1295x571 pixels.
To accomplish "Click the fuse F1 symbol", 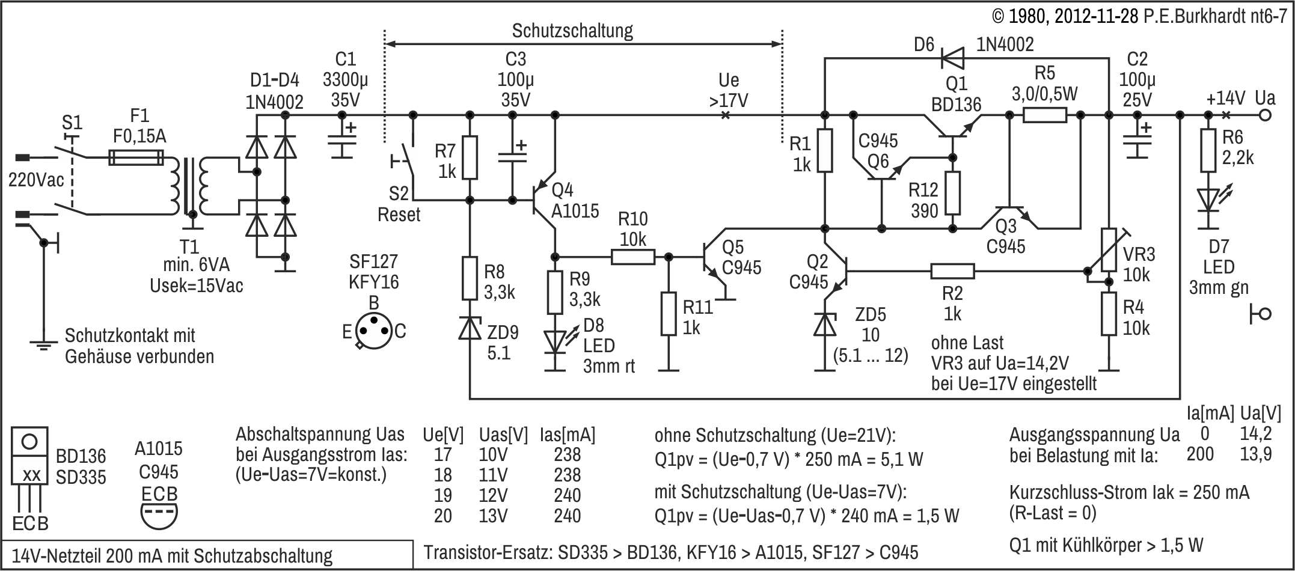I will pos(136,158).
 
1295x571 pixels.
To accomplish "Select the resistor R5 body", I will pos(1045,115).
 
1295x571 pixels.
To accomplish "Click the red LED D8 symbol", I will pos(556,342).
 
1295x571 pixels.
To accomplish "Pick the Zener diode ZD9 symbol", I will pos(470,328).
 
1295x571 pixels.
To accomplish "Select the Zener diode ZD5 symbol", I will pos(825,325).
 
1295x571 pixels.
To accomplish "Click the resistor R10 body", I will pos(632,257).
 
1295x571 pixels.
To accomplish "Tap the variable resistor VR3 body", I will pos(1109,255).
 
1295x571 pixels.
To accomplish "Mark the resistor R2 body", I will pos(952,272).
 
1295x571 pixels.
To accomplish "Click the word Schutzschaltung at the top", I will pos(572,30).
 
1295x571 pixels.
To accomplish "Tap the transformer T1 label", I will pos(190,246).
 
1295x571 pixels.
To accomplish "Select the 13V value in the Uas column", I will pos(493,516).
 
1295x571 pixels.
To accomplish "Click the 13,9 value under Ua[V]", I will pos(1255,454).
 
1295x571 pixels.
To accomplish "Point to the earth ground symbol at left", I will pos(43,344).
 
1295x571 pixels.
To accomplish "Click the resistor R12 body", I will pos(952,192).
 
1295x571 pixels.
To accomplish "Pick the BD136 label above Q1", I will pos(956,104).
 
